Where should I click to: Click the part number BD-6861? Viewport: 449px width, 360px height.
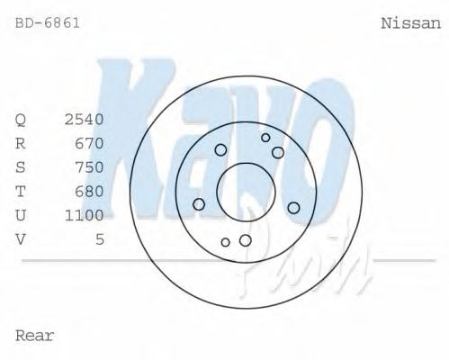coord(48,23)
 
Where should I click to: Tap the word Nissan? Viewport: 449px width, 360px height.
coord(411,23)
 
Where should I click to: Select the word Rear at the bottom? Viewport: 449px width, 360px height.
coord(34,336)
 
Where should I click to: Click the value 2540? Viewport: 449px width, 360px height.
coord(85,120)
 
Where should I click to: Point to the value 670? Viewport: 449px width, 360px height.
coord(89,143)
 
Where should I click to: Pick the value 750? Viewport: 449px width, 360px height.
coord(89,167)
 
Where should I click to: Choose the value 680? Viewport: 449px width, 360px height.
coord(89,192)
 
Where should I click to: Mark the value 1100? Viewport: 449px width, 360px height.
coord(85,215)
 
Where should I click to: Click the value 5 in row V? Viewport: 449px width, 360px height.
coord(100,239)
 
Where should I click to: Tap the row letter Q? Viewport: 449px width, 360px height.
coord(21,120)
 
